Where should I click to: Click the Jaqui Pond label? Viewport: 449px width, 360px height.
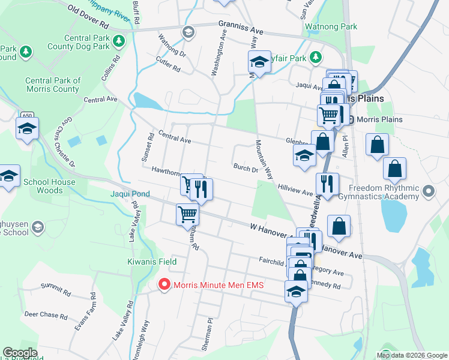(x=130, y=194)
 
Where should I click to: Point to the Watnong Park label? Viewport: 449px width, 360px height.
(x=331, y=27)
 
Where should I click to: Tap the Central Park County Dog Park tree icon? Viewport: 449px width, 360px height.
(x=119, y=41)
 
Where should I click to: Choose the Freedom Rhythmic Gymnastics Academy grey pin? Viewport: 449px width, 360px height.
(x=428, y=192)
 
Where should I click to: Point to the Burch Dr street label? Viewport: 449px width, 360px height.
(x=246, y=169)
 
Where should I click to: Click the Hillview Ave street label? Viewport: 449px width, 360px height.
(x=295, y=190)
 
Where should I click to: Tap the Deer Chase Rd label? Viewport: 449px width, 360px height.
(x=46, y=314)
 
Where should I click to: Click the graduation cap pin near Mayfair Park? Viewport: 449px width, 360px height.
(x=259, y=61)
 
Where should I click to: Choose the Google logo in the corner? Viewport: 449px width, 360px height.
(x=20, y=353)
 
